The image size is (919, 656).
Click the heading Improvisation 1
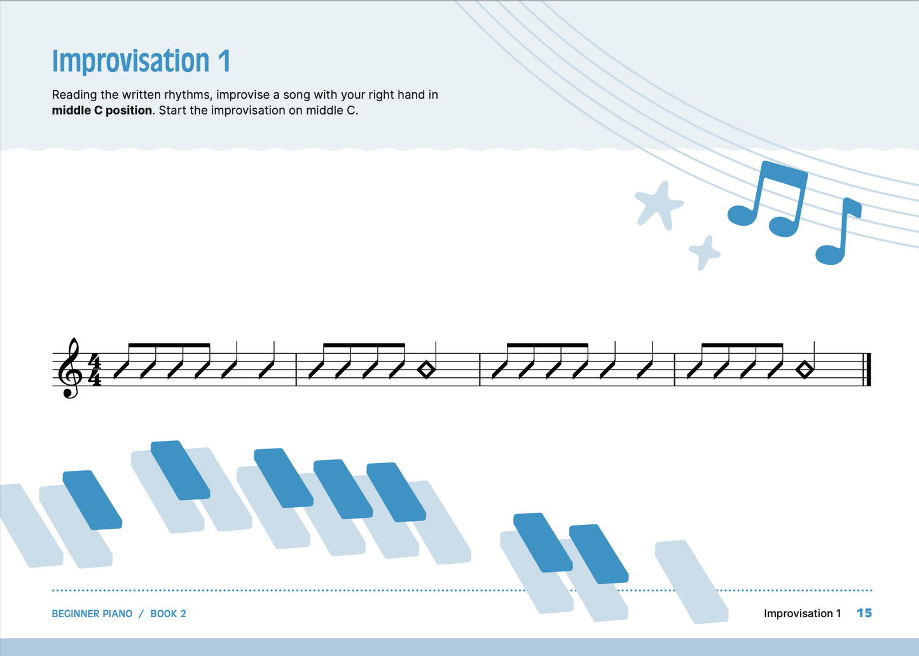point(141,62)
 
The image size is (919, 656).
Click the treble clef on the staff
point(71,368)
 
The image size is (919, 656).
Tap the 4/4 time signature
point(94,370)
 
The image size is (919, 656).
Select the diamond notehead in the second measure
point(426,370)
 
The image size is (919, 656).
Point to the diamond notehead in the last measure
point(805,370)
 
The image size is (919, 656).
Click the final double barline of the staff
point(866,370)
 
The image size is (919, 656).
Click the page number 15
point(864,613)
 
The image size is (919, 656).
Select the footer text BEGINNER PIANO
point(92,614)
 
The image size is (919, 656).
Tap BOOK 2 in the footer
point(168,614)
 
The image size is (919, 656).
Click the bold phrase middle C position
point(102,110)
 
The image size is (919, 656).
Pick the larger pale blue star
point(659,204)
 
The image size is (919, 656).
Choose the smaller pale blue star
point(705,253)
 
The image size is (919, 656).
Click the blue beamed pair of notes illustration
point(768,199)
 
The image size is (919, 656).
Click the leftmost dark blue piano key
point(92,500)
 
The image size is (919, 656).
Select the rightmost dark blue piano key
point(598,554)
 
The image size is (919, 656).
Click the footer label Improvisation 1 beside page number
point(802,613)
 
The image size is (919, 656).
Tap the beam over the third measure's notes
point(547,345)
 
